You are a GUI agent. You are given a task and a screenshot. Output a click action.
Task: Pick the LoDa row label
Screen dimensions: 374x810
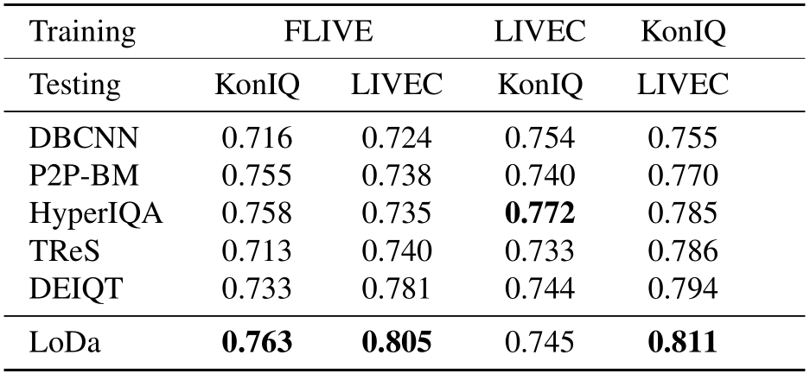click(x=63, y=343)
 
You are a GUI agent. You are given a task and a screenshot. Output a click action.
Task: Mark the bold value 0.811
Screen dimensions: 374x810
click(x=682, y=343)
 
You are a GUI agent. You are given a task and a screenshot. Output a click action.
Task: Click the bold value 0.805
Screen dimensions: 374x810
click(x=397, y=343)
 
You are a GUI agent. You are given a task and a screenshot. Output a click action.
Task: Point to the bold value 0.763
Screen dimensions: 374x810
click(x=257, y=343)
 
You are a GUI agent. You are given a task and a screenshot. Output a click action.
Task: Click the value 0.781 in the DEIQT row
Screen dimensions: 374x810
click(x=397, y=288)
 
